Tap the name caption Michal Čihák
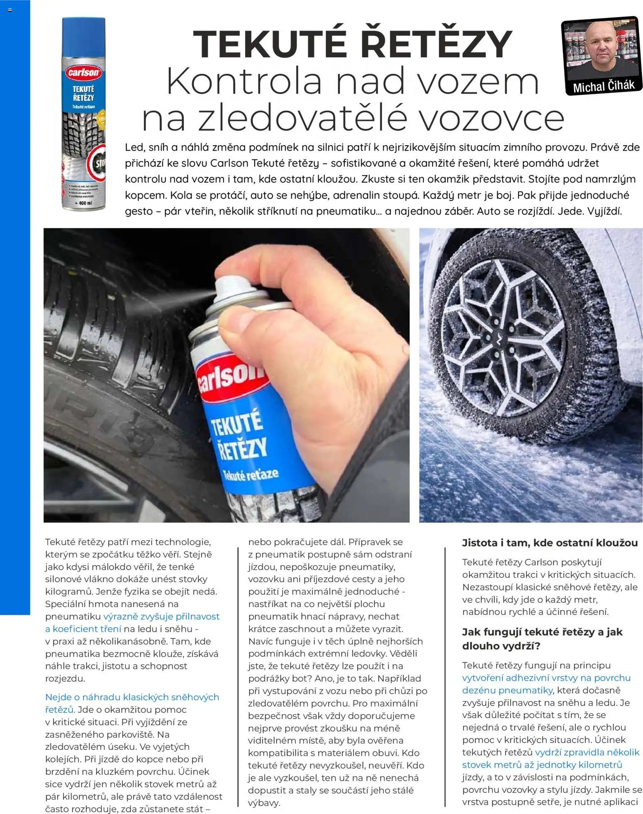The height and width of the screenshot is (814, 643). (604, 86)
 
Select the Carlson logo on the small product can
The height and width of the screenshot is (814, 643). (83, 73)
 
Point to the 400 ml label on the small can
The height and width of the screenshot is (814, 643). (85, 203)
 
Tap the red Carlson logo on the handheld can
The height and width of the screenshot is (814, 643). (230, 378)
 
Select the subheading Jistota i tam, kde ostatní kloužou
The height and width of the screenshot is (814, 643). (550, 543)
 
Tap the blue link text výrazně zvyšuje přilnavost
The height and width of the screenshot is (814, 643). (161, 617)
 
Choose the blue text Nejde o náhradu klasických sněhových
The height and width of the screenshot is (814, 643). (132, 697)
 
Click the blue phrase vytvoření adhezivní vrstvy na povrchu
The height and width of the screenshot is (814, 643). (546, 678)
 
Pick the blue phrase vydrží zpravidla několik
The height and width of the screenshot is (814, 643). (587, 752)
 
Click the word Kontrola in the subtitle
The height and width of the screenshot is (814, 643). (245, 81)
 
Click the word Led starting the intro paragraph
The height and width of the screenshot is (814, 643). (134, 147)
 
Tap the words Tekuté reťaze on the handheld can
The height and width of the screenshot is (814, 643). (251, 475)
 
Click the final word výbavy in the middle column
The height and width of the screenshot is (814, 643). (264, 803)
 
